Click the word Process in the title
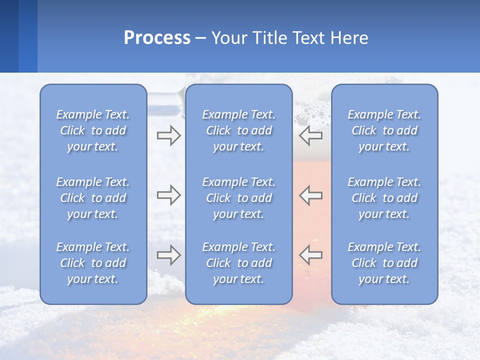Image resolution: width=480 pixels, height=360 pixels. pos(157,38)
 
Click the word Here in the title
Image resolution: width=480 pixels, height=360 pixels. pos(349,38)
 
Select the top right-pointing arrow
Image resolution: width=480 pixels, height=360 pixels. pos(168,135)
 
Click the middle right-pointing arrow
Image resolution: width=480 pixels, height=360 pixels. pos(168,195)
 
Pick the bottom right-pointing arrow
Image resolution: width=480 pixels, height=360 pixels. pos(168,255)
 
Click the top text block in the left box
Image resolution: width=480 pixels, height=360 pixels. pos(93,130)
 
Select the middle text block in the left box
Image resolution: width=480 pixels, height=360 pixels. pos(93,198)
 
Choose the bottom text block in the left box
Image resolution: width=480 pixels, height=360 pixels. pos(93,263)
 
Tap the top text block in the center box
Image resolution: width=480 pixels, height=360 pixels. pos(238,130)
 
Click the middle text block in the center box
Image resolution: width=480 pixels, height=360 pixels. pos(238,198)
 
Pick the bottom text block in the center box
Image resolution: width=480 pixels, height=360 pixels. pos(238,263)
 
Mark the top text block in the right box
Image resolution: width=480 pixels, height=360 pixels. pos(384,130)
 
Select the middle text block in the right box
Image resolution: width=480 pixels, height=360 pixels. pos(384,198)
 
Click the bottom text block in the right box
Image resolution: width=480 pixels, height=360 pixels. pos(384,263)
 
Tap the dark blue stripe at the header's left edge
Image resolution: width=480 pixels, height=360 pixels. pos(9,36)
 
